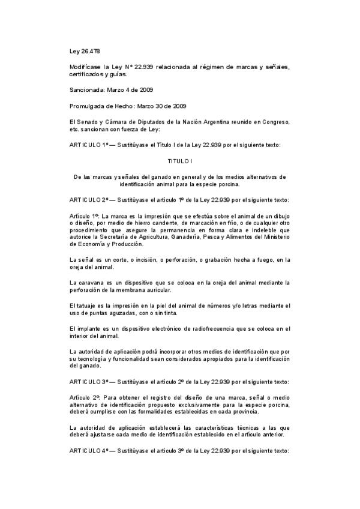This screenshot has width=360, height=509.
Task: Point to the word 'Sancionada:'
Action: coord(87,90)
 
